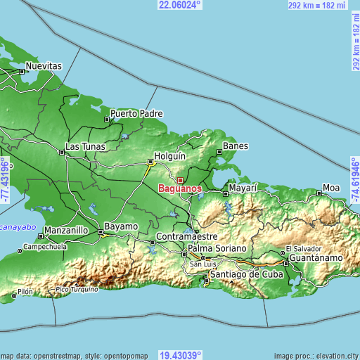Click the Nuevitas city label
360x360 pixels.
coord(44,66)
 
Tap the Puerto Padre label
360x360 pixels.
coord(136,113)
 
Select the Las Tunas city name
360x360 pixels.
coord(84,147)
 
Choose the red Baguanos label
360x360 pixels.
coord(181,189)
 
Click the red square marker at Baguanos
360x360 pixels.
coord(180,181)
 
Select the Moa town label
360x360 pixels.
coord(330,188)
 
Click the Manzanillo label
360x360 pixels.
coord(65,231)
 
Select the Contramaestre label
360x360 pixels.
coord(186,238)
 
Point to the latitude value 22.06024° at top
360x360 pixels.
coord(180,5)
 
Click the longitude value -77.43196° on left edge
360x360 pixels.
coord(5,180)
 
